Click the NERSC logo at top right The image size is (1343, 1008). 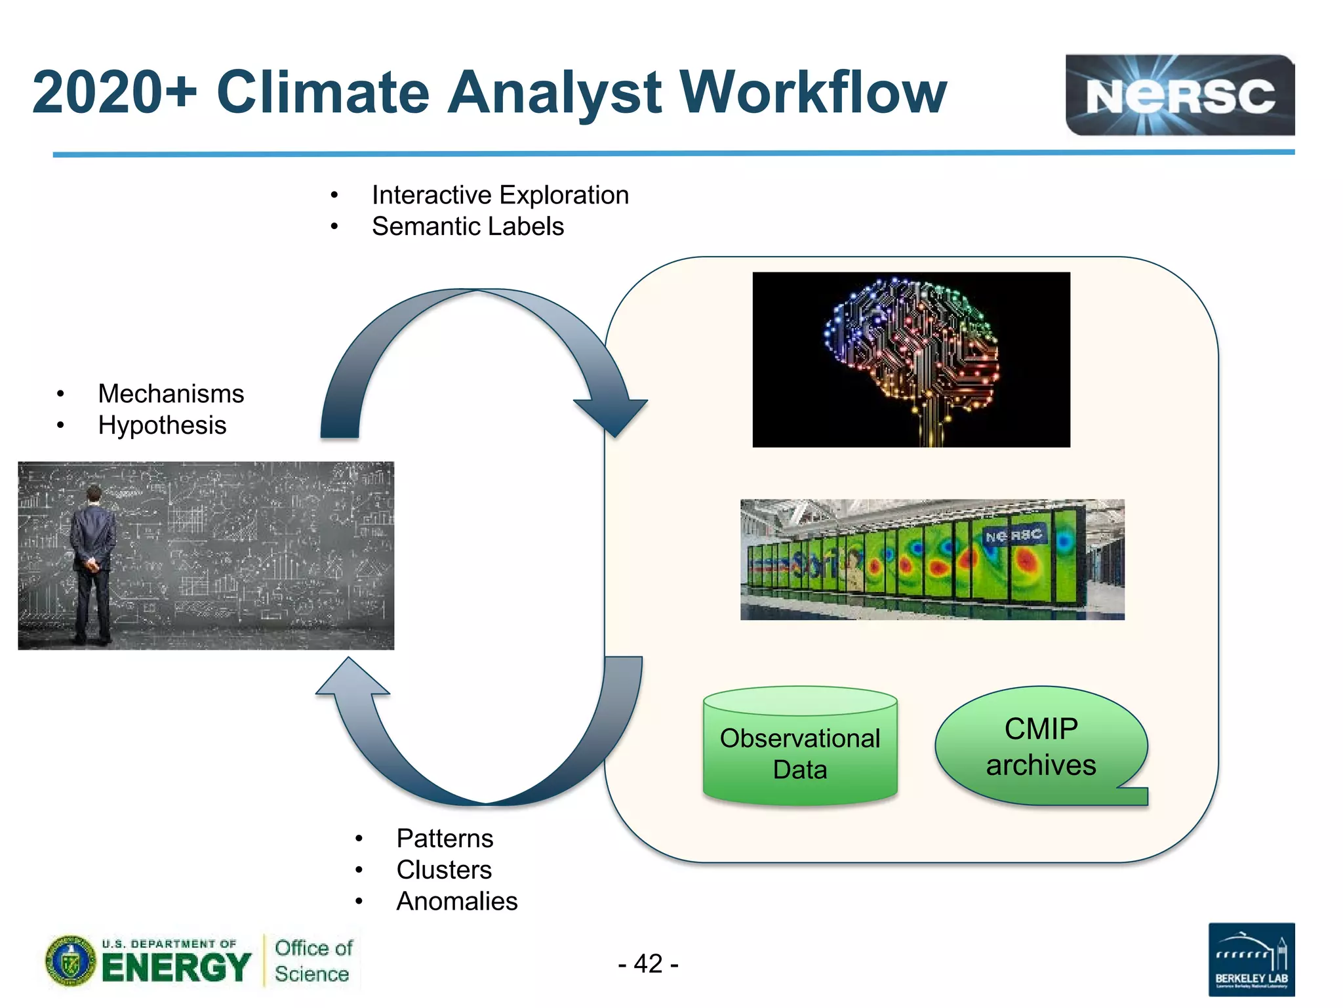pos(1179,95)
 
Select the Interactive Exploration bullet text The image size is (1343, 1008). pos(500,195)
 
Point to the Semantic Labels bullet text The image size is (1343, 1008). pos(468,226)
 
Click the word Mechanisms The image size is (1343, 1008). pos(170,394)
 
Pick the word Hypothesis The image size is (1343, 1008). pos(162,425)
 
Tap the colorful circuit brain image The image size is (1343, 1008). pos(911,360)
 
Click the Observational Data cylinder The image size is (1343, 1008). pos(799,748)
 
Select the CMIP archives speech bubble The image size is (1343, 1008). pos(1041,747)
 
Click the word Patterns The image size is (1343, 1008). pos(445,839)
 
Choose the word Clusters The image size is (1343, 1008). pos(444,870)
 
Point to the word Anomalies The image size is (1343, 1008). pos(456,902)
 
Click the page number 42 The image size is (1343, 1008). pos(648,963)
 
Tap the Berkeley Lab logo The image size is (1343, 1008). pos(1251,959)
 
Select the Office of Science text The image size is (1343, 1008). pos(313,961)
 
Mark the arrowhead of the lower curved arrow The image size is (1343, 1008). pos(352,677)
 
